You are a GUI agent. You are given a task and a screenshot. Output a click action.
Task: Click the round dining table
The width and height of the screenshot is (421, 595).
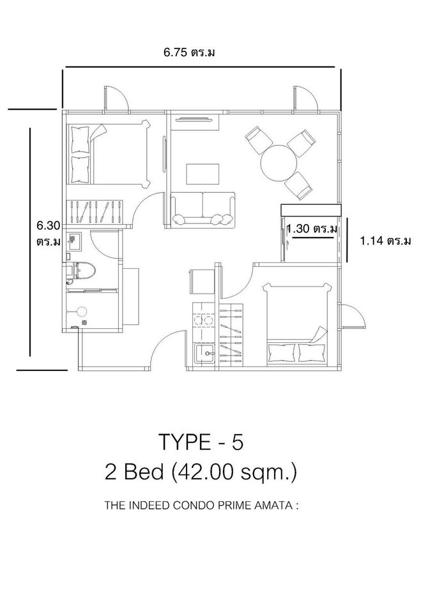pos(279,163)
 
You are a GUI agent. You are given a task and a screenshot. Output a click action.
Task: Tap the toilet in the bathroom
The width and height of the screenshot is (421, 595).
pos(82,270)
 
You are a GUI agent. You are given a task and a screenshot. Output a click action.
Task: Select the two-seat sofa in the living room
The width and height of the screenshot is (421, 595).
pos(203,210)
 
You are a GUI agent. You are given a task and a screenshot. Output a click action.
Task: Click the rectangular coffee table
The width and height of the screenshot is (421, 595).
pos(203,174)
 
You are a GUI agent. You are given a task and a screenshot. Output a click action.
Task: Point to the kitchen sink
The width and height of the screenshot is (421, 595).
pos(205,354)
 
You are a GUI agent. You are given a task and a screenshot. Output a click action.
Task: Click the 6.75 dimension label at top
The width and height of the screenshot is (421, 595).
pos(189,52)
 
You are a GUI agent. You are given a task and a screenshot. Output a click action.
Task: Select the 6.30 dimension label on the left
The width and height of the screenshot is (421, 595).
pos(49,234)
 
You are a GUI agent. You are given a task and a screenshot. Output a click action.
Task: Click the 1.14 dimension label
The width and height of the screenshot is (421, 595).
pos(385,241)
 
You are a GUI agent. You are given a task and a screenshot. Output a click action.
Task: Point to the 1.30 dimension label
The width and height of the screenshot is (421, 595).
pos(312,229)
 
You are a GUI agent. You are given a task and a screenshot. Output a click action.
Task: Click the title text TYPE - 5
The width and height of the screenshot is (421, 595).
pos(201,442)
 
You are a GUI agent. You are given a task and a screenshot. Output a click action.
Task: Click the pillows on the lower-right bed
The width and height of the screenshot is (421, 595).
pos(297,353)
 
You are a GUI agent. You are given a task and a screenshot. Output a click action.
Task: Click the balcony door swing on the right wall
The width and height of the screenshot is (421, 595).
pos(353,315)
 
